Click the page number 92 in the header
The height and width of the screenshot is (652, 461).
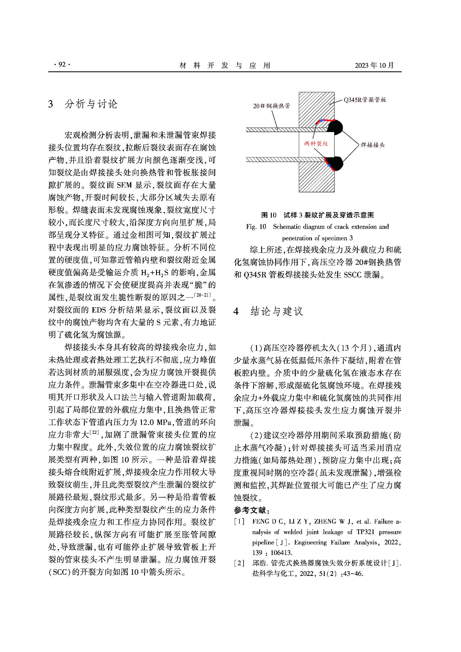(x=62, y=65)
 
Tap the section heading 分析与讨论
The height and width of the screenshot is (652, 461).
(x=91, y=104)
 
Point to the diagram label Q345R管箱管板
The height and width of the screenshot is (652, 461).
(x=365, y=100)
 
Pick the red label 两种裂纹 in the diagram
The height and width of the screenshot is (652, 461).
(x=316, y=144)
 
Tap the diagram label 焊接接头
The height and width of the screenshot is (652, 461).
(x=372, y=145)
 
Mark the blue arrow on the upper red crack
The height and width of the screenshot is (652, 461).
(x=322, y=121)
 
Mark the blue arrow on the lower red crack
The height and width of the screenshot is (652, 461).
(x=329, y=165)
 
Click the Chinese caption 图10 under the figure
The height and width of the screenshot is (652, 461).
(x=268, y=215)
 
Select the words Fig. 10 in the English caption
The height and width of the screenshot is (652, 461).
(x=256, y=227)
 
